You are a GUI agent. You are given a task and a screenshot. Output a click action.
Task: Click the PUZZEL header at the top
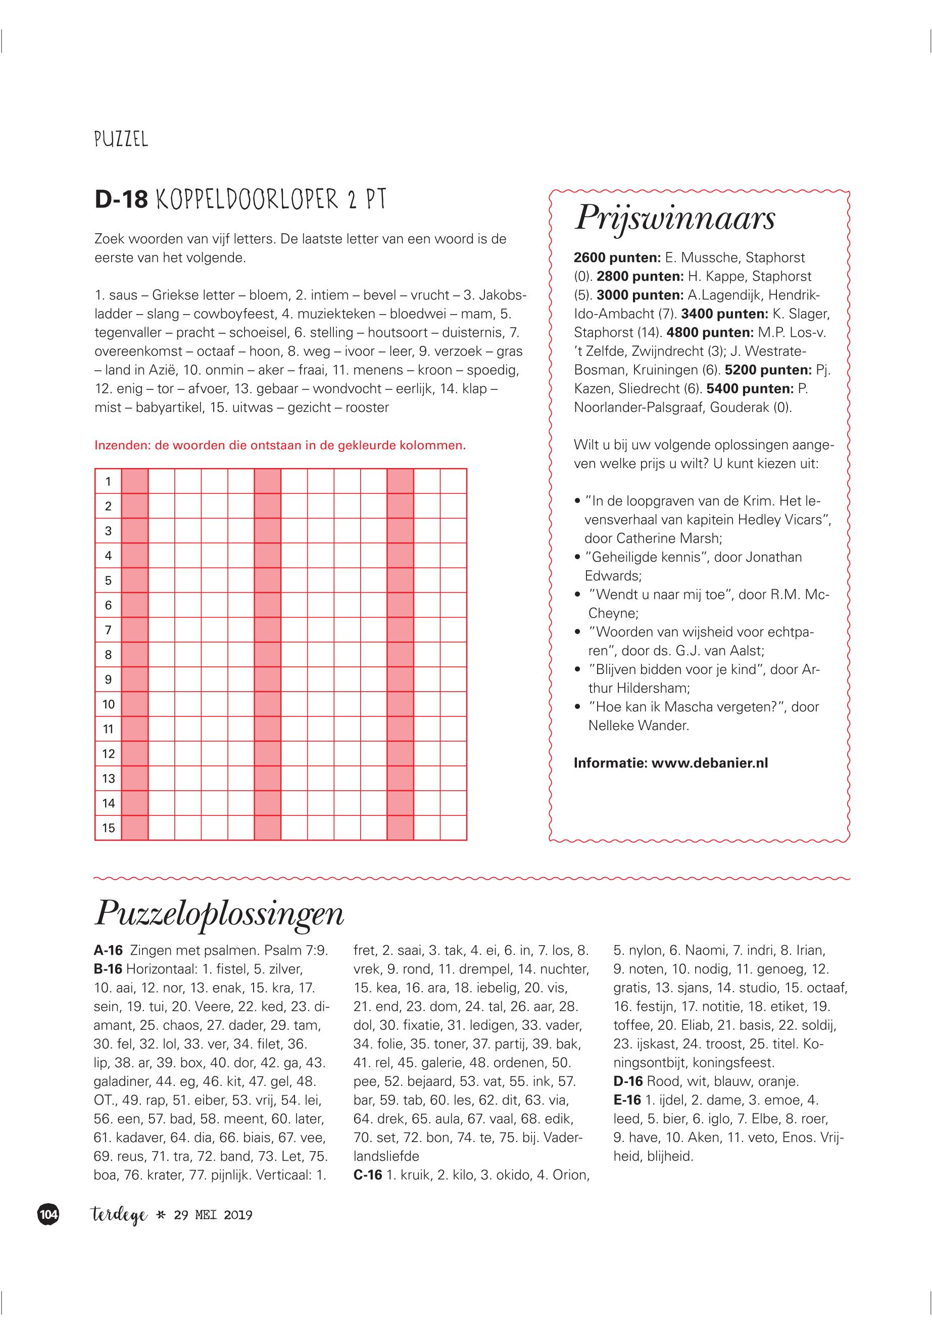[x=121, y=139]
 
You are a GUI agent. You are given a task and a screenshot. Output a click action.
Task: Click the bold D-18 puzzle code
[x=121, y=199]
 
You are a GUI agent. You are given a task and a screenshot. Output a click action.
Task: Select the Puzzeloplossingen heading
[x=219, y=913]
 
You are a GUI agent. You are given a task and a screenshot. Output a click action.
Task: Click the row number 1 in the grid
[x=108, y=482]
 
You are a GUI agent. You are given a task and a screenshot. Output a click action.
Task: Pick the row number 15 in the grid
[x=108, y=828]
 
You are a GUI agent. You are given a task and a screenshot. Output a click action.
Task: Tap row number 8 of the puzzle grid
[x=108, y=655]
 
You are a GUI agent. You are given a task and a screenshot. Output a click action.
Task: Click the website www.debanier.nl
[x=710, y=763]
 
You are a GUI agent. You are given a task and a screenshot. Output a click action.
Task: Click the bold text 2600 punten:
[x=617, y=258]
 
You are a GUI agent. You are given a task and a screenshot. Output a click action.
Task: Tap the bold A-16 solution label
[x=108, y=951]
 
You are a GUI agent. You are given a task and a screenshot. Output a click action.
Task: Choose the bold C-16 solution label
[x=368, y=1175]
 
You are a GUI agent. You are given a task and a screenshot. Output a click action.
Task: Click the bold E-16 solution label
[x=628, y=1100]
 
